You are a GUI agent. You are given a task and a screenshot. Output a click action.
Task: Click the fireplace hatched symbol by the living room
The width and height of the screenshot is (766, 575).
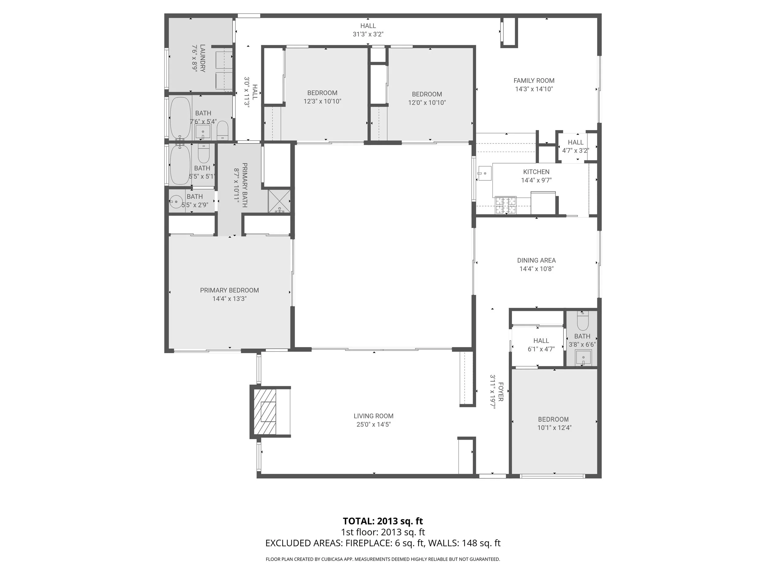266,412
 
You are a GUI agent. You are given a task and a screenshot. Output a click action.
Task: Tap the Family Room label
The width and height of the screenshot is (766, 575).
534,81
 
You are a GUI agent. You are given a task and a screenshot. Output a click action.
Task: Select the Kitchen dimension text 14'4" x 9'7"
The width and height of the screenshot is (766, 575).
536,180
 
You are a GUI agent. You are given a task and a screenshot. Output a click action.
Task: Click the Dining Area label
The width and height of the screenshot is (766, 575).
536,260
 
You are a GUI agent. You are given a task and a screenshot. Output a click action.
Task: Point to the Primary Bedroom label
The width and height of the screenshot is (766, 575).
229,290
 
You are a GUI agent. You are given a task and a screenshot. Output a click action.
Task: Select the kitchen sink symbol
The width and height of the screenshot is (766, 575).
485,173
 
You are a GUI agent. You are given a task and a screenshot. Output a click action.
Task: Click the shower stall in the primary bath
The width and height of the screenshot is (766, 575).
279,201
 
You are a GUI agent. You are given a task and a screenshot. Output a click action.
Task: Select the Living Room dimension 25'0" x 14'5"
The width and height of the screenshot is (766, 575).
373,424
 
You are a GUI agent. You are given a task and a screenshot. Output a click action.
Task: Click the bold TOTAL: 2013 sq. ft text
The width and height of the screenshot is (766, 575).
383,521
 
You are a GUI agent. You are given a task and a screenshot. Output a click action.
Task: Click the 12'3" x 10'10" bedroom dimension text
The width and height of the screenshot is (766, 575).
322,102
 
